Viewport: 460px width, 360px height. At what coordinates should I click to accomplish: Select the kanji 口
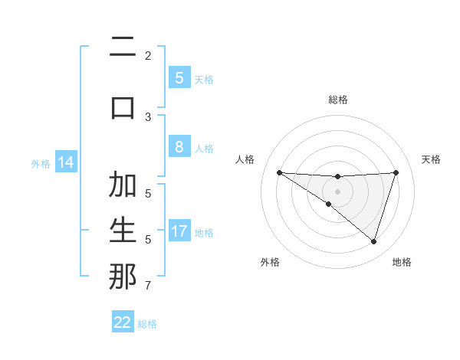click(x=123, y=106)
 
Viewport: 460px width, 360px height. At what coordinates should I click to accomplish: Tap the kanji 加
click(x=123, y=185)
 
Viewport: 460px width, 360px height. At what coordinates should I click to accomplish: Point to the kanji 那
click(x=123, y=277)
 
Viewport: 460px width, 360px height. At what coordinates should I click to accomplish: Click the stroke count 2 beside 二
click(x=148, y=55)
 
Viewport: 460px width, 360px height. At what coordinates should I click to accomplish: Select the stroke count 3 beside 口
click(x=148, y=116)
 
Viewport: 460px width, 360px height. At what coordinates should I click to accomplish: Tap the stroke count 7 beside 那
click(x=148, y=286)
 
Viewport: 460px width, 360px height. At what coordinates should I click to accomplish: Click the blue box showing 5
click(x=179, y=78)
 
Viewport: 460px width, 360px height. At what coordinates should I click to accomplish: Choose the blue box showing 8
click(x=179, y=148)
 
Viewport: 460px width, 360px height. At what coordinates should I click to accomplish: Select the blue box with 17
click(x=179, y=232)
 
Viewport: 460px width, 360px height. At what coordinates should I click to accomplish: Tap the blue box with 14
click(x=66, y=163)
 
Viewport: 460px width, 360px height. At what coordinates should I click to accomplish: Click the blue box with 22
click(x=123, y=322)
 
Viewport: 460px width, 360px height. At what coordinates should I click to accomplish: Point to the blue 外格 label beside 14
click(x=41, y=164)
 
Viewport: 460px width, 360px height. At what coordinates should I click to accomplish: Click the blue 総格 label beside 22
click(x=147, y=324)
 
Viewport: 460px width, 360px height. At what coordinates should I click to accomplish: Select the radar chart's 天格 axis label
click(x=432, y=159)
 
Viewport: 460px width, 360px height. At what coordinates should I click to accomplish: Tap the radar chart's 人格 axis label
click(x=245, y=159)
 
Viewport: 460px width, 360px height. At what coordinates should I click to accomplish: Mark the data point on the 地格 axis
click(x=373, y=241)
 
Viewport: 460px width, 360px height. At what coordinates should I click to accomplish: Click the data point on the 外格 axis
click(x=328, y=204)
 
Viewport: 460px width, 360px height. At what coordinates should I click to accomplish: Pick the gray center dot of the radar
click(x=337, y=191)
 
